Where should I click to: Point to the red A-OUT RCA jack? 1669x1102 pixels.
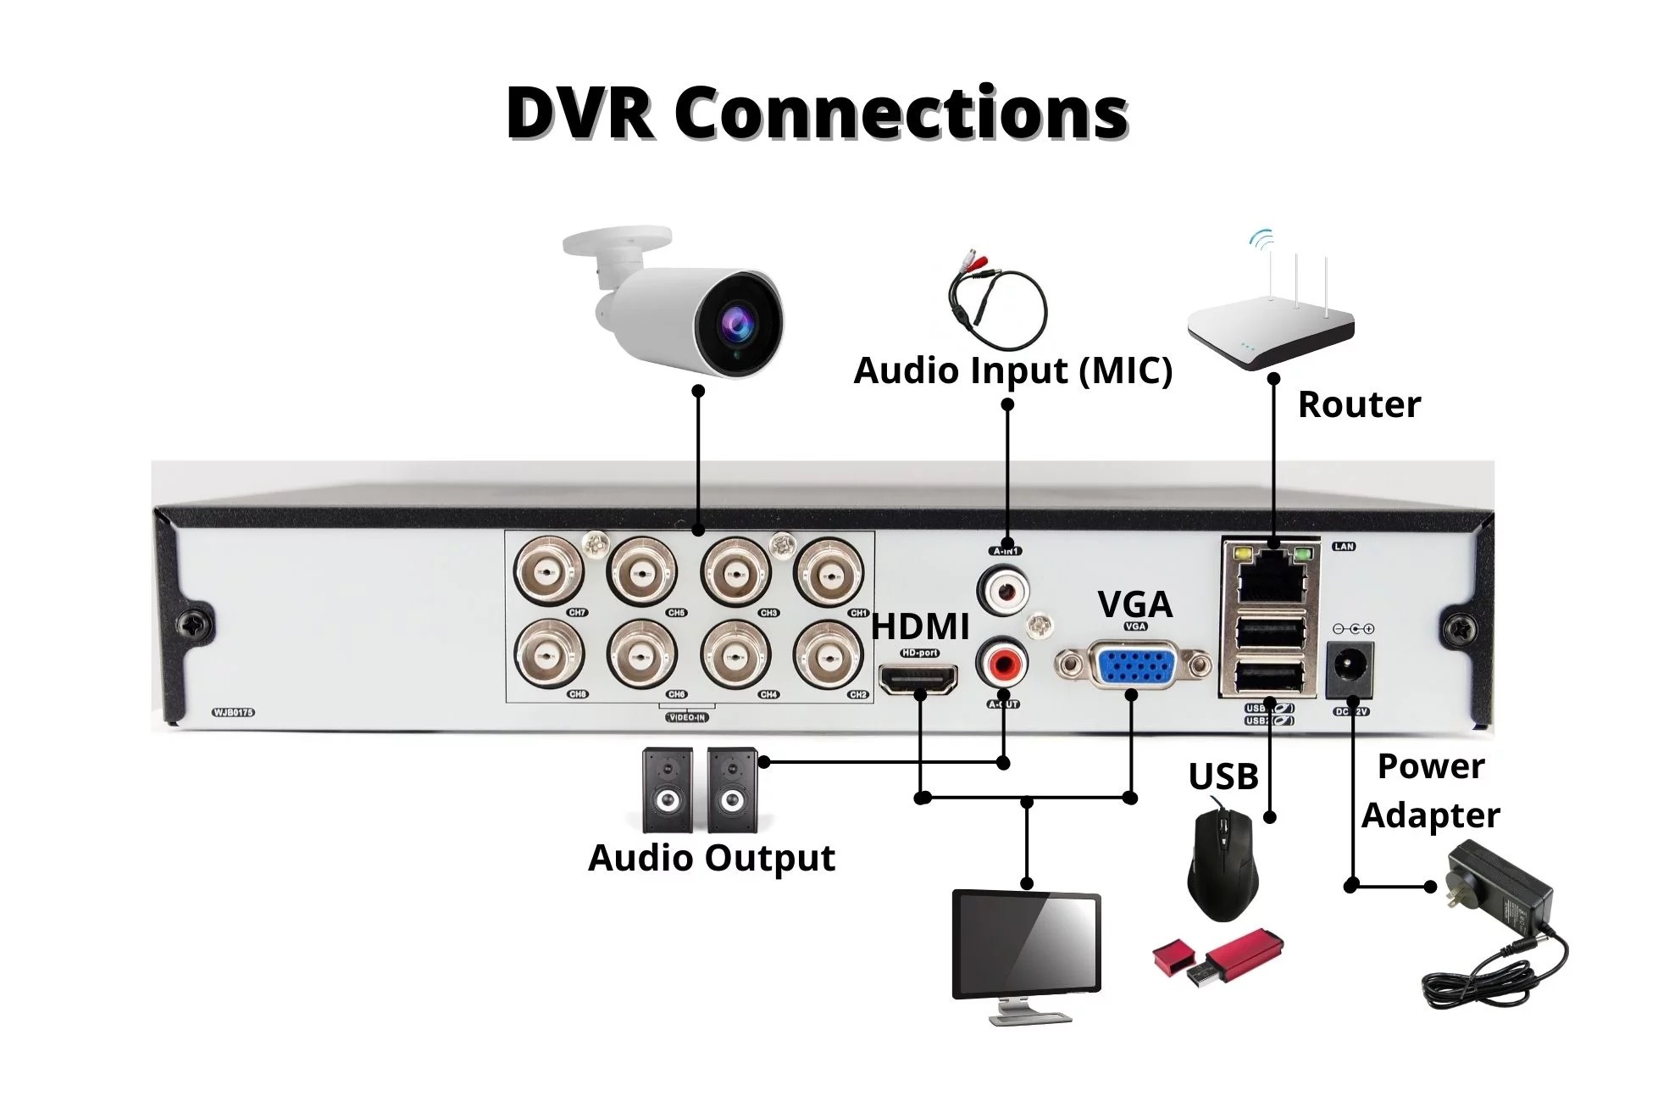pos(1004,665)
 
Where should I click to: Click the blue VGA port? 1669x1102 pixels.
pos(1133,665)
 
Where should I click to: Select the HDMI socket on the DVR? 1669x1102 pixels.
pos(919,679)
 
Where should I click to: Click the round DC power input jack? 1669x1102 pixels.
pos(1349,669)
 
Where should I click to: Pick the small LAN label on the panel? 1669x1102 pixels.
pos(1344,547)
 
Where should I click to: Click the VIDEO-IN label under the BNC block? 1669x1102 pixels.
pos(687,718)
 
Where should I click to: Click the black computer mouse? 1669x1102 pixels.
pos(1222,865)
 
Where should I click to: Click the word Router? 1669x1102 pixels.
pos(1359,405)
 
